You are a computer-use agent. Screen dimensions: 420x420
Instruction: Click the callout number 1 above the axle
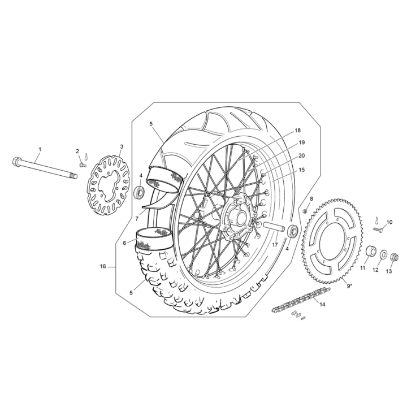tap(40, 149)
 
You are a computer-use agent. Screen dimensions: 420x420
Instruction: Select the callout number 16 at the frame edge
tap(103, 266)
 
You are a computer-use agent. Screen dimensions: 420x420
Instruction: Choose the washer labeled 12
tap(383, 255)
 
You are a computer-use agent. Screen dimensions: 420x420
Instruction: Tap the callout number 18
tap(297, 131)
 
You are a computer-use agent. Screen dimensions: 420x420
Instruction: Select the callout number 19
tap(302, 142)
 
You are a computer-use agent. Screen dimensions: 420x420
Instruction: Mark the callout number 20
tap(302, 155)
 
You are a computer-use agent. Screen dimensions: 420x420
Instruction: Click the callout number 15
tap(302, 170)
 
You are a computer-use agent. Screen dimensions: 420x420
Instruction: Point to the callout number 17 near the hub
tap(275, 245)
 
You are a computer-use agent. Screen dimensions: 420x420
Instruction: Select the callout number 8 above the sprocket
tap(311, 198)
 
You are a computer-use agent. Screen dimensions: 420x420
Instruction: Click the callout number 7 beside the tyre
tap(136, 218)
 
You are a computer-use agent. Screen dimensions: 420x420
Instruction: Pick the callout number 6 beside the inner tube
tap(124, 243)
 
